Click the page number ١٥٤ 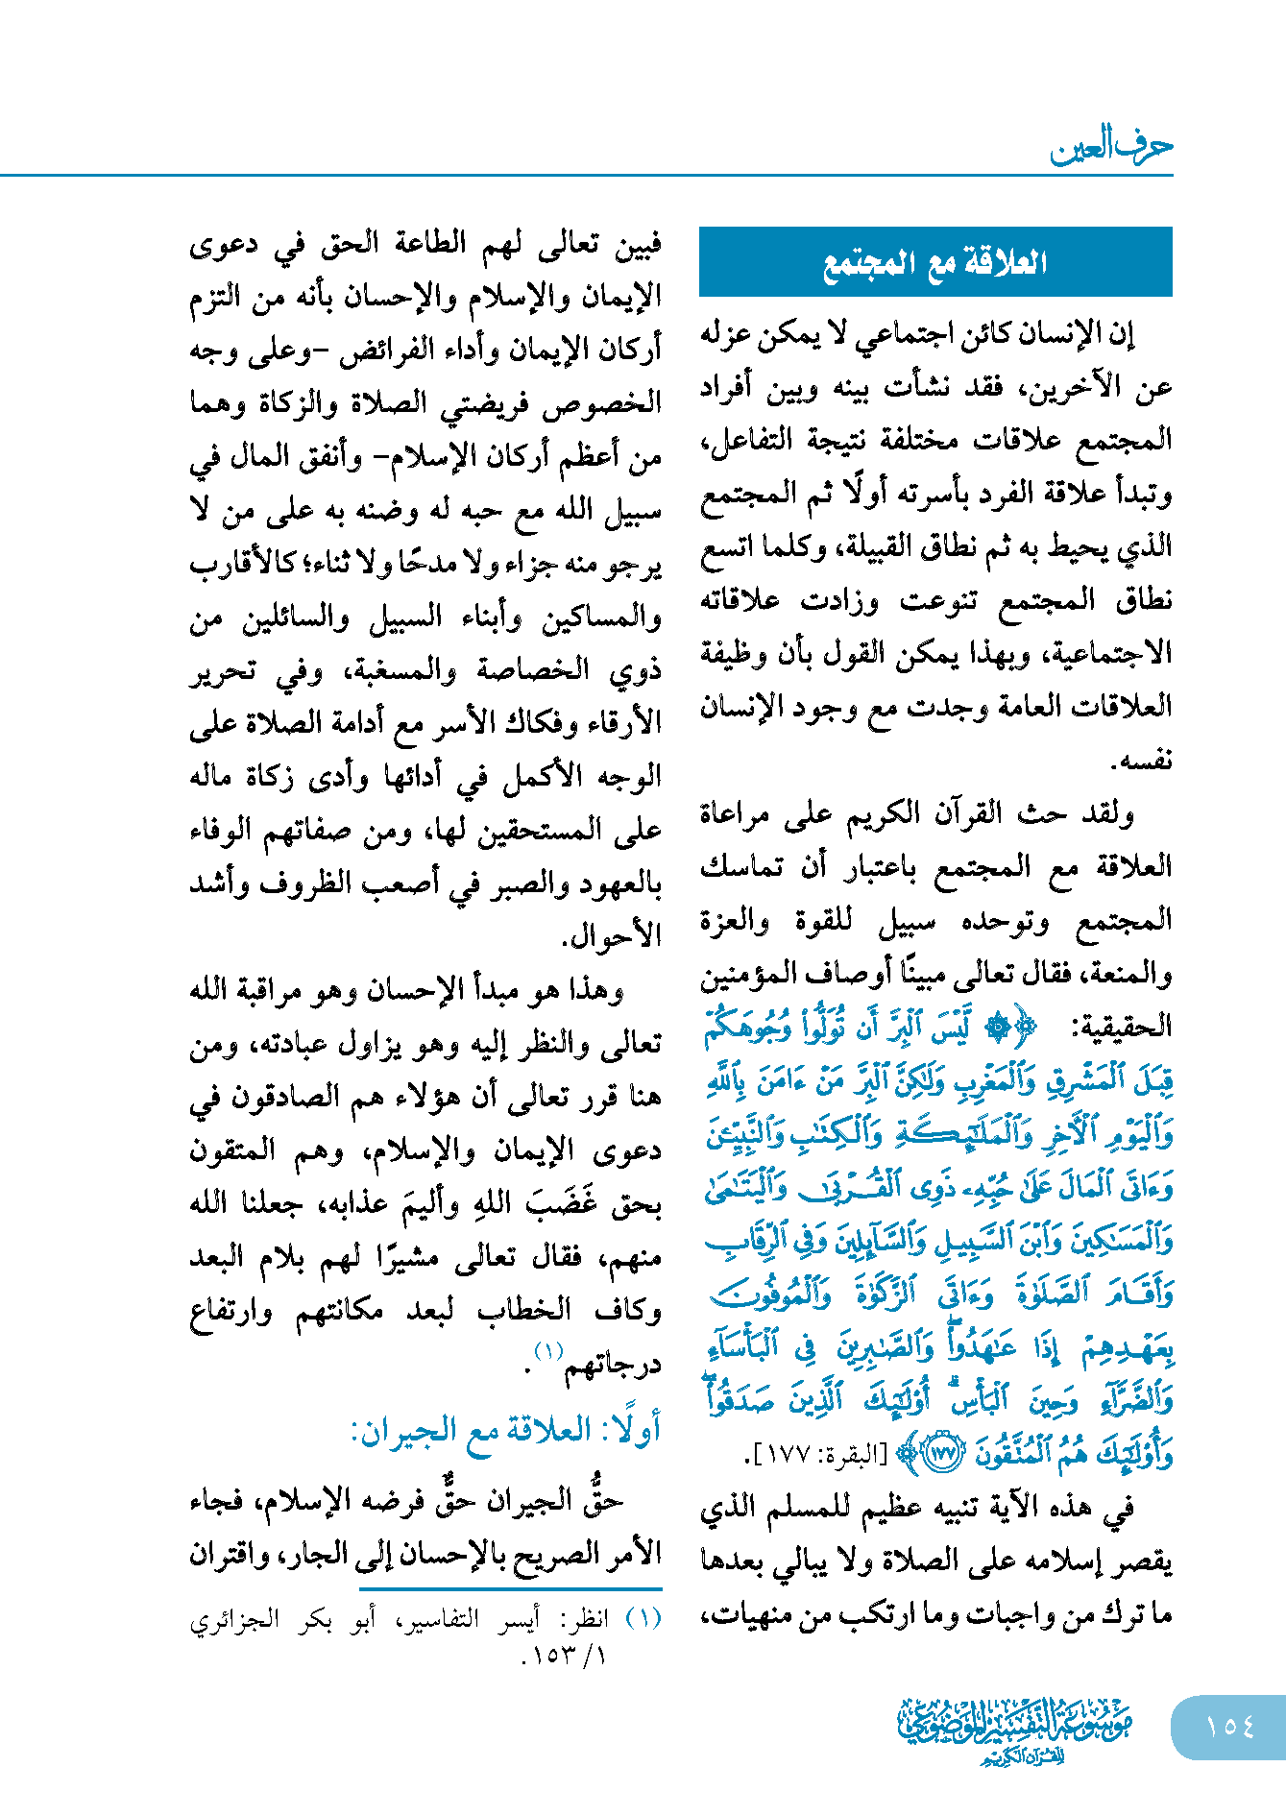(1229, 1727)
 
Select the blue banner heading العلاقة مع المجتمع (934, 262)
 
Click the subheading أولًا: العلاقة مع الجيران (506, 1432)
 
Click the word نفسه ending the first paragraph (1142, 762)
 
